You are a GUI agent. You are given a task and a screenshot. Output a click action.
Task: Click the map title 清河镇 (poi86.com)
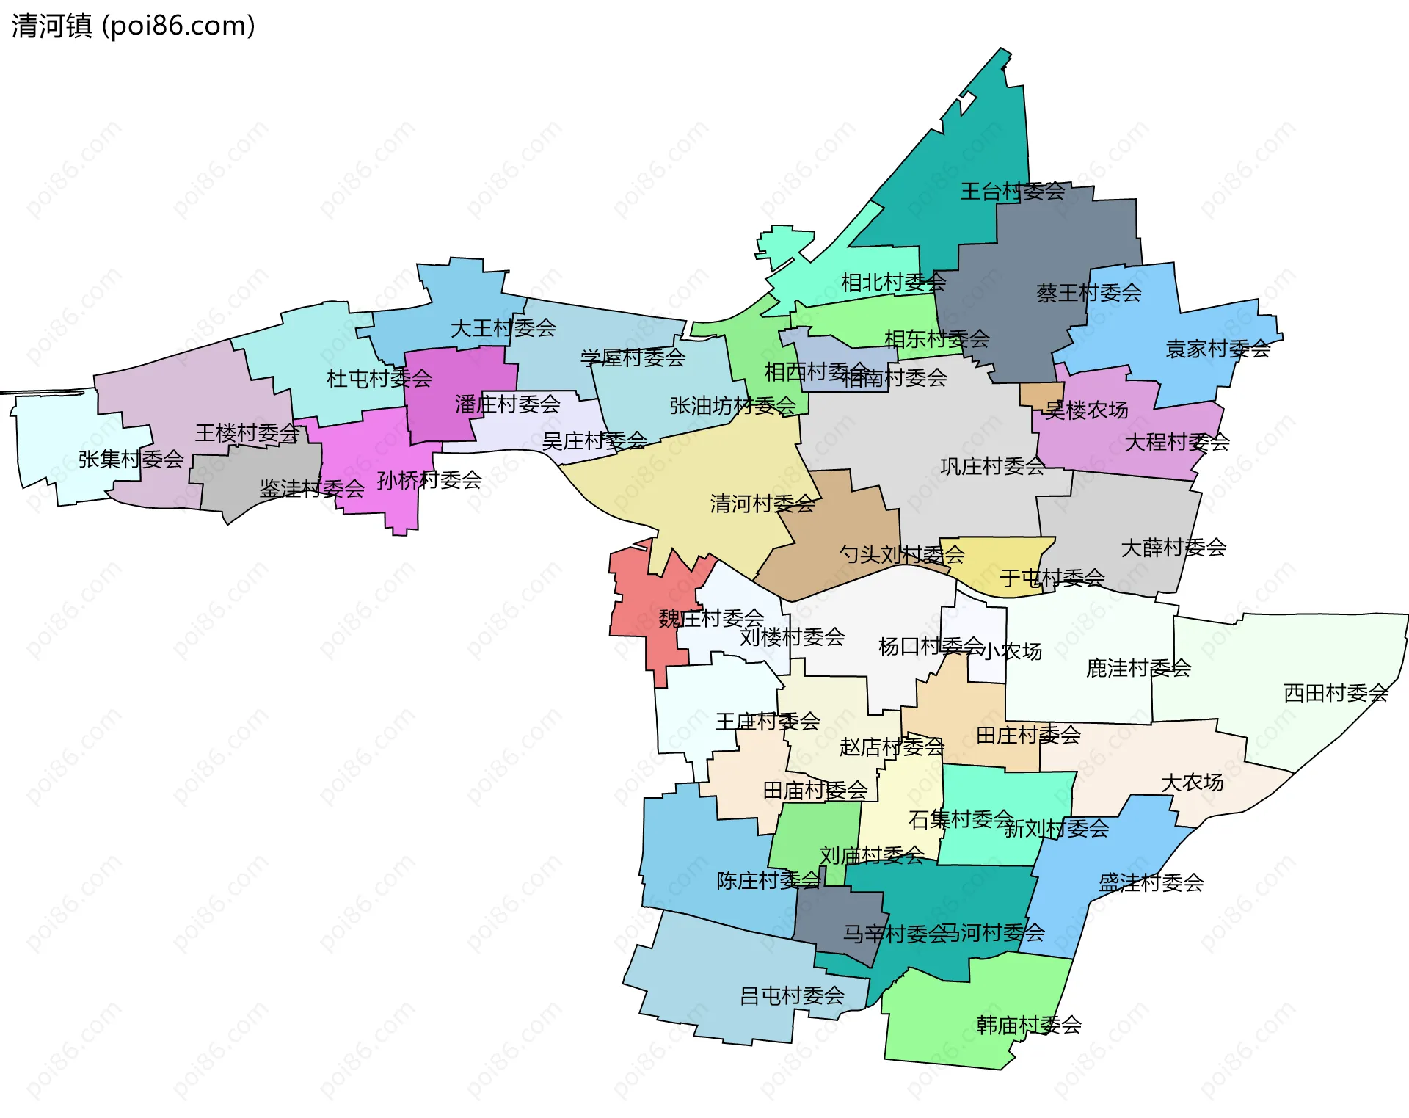click(x=133, y=26)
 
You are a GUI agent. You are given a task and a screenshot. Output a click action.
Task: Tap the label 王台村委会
click(x=1012, y=192)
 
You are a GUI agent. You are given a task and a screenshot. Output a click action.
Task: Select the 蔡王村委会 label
click(x=1088, y=293)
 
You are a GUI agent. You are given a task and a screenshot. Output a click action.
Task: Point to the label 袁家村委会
click(x=1217, y=349)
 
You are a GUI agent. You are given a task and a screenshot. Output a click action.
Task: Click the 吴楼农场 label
click(x=1086, y=410)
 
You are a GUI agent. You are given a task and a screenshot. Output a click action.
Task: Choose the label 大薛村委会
click(x=1173, y=548)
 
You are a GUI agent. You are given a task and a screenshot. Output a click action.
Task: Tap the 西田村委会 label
click(x=1335, y=693)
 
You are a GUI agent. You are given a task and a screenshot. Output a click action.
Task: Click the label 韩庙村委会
click(x=1028, y=1025)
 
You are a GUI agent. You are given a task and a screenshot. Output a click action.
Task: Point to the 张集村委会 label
click(x=131, y=460)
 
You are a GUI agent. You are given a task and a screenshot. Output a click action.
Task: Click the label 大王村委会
click(x=503, y=328)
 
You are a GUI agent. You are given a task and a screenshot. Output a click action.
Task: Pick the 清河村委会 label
click(x=762, y=504)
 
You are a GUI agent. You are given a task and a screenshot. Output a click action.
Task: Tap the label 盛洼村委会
click(x=1150, y=882)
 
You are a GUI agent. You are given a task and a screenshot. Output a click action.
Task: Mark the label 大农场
click(x=1192, y=783)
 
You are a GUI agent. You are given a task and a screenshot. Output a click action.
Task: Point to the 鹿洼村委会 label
click(x=1137, y=668)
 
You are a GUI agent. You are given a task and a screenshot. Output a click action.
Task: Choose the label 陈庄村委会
click(x=768, y=880)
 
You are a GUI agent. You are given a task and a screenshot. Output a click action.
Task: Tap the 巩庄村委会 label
click(x=992, y=466)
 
